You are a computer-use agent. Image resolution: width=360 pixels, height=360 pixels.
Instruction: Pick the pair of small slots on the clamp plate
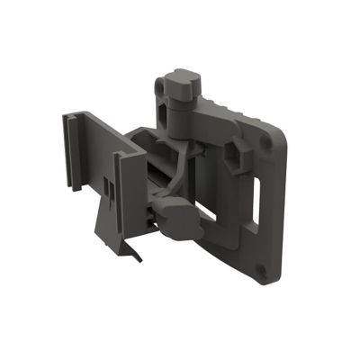[x=106, y=184]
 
